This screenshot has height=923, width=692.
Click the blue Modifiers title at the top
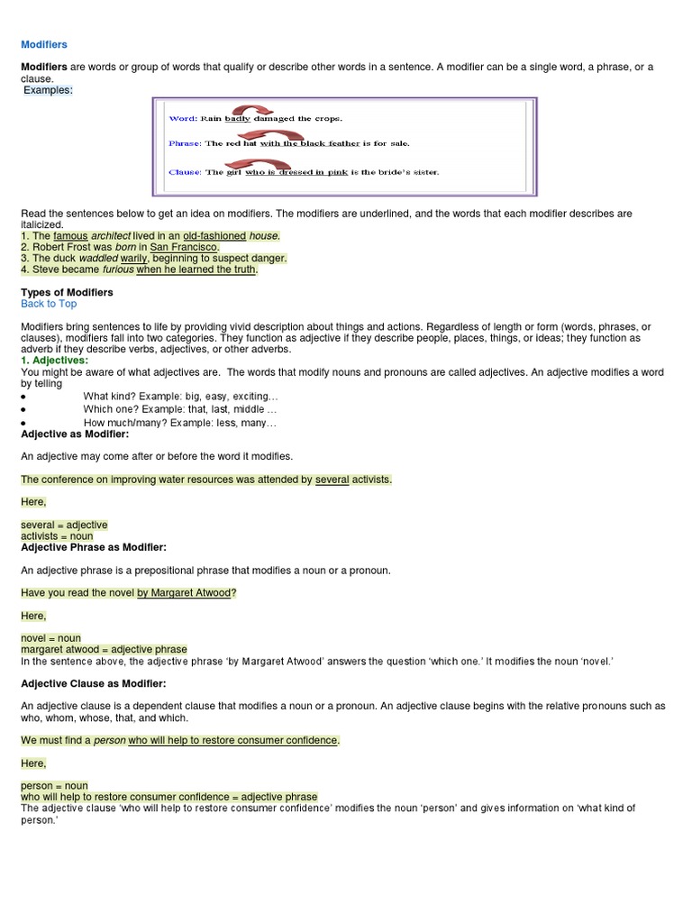(43, 44)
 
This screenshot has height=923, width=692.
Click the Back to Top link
(49, 304)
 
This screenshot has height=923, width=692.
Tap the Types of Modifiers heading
(67, 293)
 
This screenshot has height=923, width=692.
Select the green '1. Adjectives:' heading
(54, 360)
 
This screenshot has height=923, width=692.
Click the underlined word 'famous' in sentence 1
(70, 236)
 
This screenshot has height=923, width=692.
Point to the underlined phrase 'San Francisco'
(184, 247)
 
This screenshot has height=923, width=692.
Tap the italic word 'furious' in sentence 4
(118, 269)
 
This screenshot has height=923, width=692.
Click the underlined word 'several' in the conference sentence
(332, 480)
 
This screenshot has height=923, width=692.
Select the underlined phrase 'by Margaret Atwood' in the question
(184, 592)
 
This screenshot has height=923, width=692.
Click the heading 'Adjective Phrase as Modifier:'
(94, 547)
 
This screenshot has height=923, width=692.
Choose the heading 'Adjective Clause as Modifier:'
(94, 684)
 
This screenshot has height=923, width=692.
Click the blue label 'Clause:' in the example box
(186, 172)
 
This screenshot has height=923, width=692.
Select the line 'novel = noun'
(50, 638)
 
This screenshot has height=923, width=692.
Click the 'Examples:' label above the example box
(48, 90)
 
